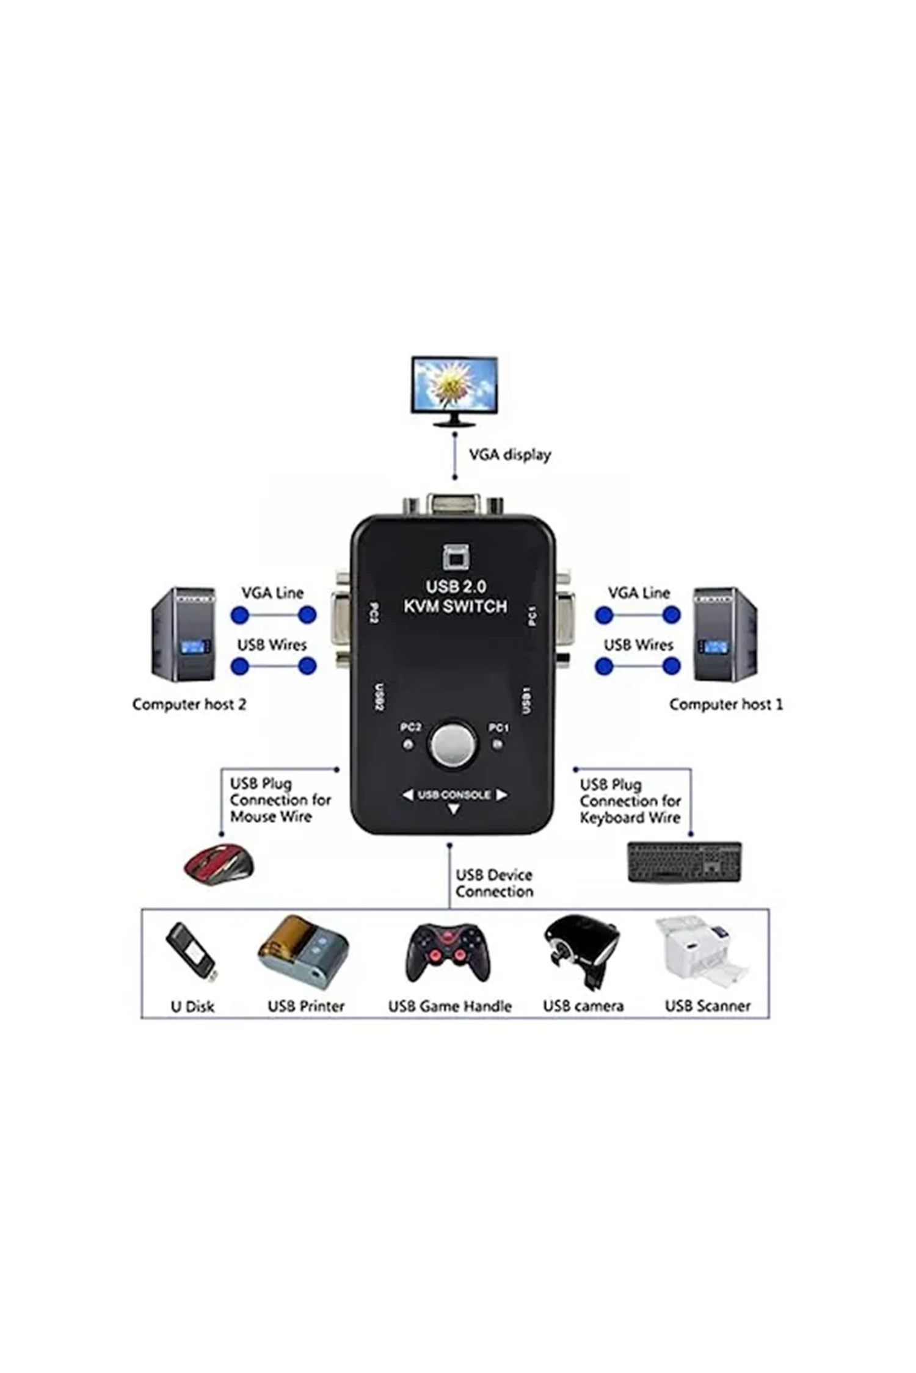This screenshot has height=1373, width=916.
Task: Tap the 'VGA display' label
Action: point(509,455)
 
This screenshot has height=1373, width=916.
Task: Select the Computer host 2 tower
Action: point(183,634)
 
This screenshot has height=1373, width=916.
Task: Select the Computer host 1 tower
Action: point(724,634)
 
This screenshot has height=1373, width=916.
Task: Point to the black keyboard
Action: point(684,862)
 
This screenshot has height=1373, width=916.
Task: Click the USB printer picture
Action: point(304,952)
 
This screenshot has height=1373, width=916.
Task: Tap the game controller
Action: point(448,952)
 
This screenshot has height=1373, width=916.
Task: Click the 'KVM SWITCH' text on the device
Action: point(456,607)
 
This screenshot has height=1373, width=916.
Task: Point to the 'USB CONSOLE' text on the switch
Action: point(454,795)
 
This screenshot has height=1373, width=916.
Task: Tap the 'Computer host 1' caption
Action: point(725,704)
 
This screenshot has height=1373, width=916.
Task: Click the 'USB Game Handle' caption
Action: point(449,1006)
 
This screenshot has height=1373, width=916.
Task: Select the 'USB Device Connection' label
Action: point(494,883)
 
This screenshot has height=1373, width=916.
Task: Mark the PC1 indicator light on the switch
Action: point(498,744)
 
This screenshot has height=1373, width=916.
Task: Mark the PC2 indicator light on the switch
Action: point(408,744)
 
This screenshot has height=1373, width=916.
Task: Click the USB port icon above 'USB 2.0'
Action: point(456,557)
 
